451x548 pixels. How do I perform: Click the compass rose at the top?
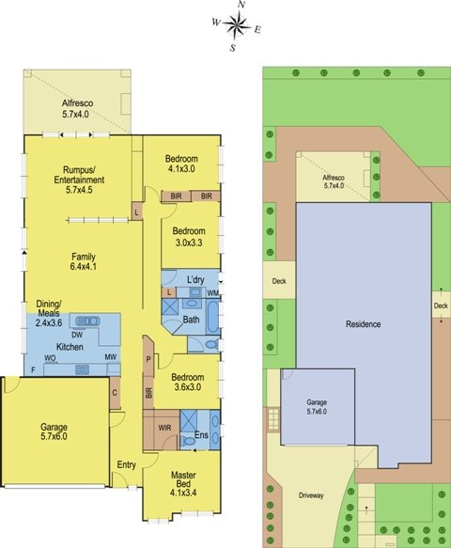[x=237, y=24]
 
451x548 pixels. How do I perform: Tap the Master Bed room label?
[x=183, y=479]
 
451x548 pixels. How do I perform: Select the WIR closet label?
[x=164, y=428]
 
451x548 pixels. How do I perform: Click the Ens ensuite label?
[x=201, y=435]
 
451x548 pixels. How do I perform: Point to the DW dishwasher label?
[x=77, y=335]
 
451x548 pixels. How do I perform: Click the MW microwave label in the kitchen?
[x=111, y=357]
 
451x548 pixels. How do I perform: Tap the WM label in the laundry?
[x=212, y=293]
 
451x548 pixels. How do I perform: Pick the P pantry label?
[x=148, y=359]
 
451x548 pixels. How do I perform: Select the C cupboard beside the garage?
[x=115, y=393]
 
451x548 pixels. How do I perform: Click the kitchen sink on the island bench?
[x=87, y=321]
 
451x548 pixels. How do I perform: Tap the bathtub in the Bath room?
[x=212, y=317]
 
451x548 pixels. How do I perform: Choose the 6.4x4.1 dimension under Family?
[x=84, y=266]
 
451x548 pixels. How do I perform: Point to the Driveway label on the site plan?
[x=311, y=495]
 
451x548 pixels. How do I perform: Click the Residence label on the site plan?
[x=364, y=324]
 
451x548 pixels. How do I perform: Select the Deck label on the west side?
[x=279, y=281]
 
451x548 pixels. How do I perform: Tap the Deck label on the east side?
[x=441, y=305]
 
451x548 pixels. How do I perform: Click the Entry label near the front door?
[x=126, y=465]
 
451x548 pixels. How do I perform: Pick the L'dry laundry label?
[x=195, y=279]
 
